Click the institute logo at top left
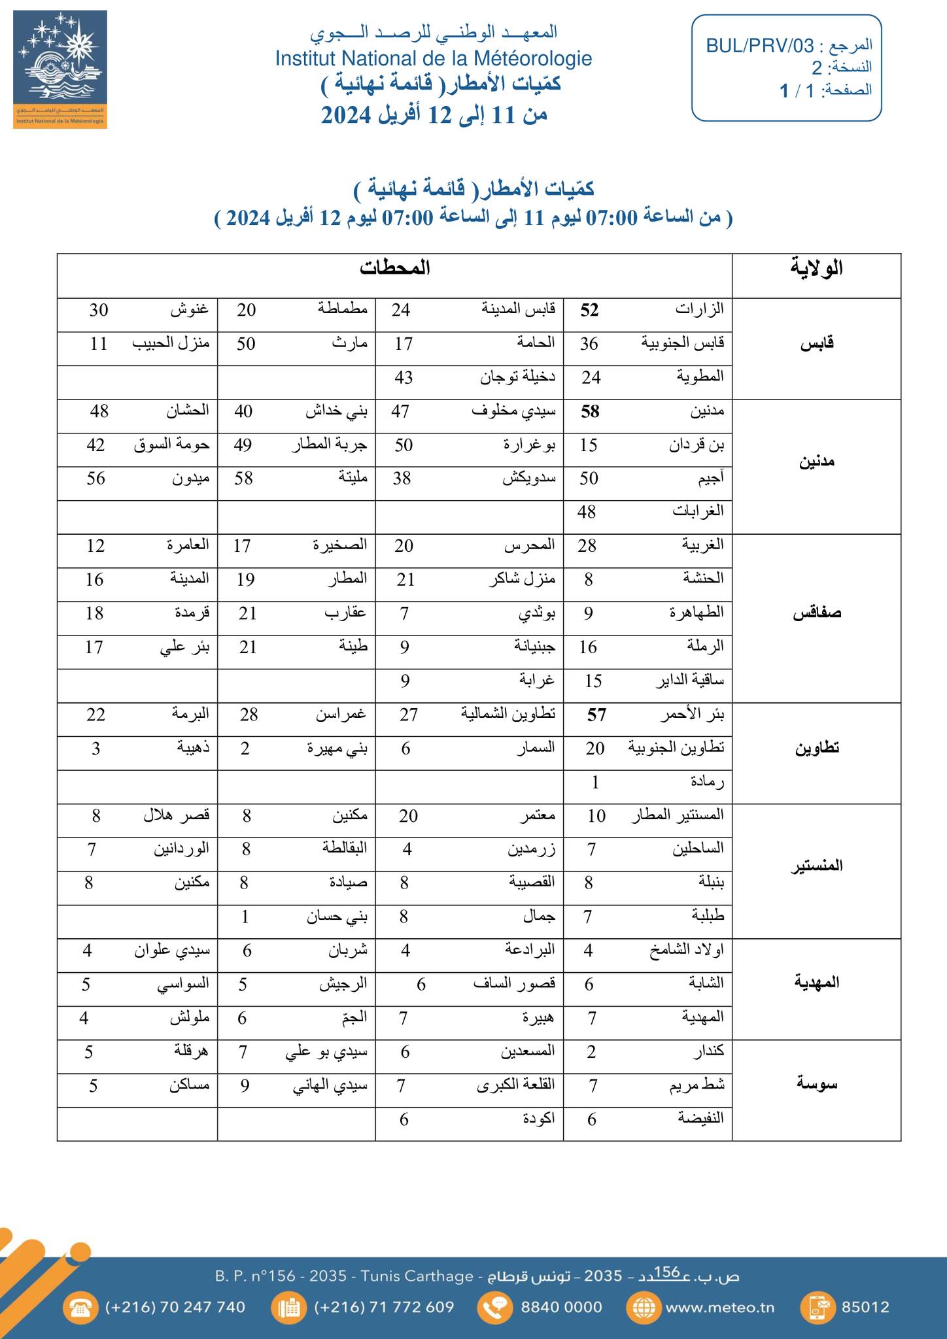pyautogui.click(x=60, y=69)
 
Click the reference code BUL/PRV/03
pyautogui.click(x=760, y=46)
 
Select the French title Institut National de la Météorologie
pyautogui.click(x=433, y=59)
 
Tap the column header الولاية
pyautogui.click(x=816, y=269)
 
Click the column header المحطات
pyautogui.click(x=394, y=268)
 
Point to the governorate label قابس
pyautogui.click(x=817, y=344)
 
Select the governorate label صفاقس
pyautogui.click(x=817, y=613)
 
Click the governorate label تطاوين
pyautogui.click(x=817, y=748)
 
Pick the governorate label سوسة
pyautogui.click(x=817, y=1085)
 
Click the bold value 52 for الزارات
pyautogui.click(x=589, y=311)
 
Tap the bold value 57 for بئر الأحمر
pyautogui.click(x=596, y=715)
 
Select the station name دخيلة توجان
pyautogui.click(x=518, y=378)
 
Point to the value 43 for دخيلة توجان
pyautogui.click(x=403, y=378)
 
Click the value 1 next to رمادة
pyautogui.click(x=595, y=782)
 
